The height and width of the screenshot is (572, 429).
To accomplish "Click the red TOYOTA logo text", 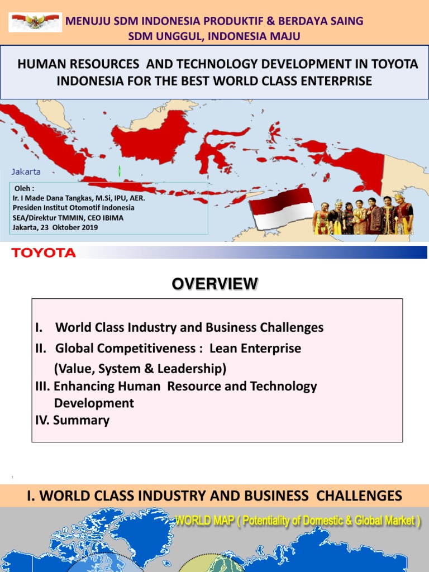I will coord(44,253).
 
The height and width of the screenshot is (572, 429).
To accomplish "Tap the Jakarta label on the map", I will coord(26,171).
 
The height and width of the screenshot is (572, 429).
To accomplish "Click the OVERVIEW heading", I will coord(215,284).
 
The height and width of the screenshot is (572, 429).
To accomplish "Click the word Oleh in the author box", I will coord(23,189).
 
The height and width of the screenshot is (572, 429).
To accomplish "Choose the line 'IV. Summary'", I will coord(73,420).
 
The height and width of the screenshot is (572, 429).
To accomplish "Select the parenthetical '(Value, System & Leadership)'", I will coord(140,368).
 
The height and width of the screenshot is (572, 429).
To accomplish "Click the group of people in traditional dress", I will coord(363,214).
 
